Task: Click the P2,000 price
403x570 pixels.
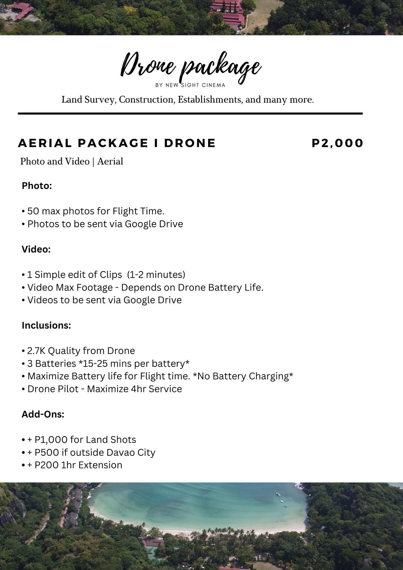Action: pyautogui.click(x=337, y=143)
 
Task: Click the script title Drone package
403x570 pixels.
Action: pyautogui.click(x=191, y=67)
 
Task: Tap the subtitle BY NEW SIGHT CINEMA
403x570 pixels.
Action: pyautogui.click(x=190, y=85)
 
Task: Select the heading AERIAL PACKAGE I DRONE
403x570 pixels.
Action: pyautogui.click(x=117, y=143)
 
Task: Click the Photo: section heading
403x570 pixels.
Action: pyautogui.click(x=37, y=186)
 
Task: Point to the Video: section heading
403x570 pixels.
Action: pyautogui.click(x=36, y=249)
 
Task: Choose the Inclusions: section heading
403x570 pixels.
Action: pyautogui.click(x=46, y=325)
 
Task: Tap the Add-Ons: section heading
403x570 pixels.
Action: pyautogui.click(x=43, y=414)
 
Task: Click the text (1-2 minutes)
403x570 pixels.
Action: pyautogui.click(x=156, y=275)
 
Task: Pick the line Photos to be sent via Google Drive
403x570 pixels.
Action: pyautogui.click(x=105, y=224)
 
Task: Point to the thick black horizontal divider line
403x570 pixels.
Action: pyautogui.click(x=190, y=113)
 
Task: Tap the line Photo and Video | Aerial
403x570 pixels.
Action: pyautogui.click(x=72, y=162)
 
